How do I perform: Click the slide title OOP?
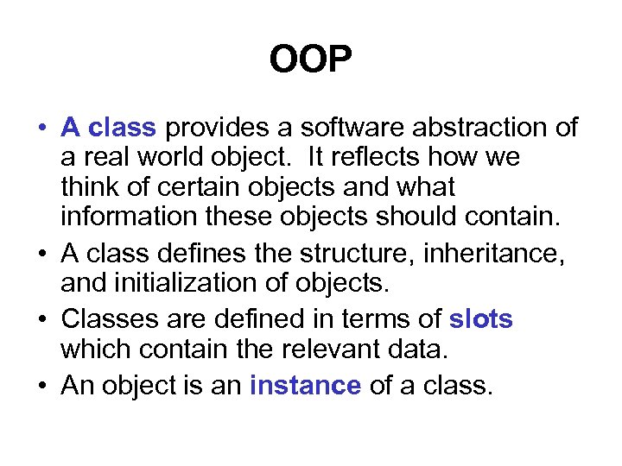(x=311, y=60)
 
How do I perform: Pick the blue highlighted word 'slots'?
(x=481, y=320)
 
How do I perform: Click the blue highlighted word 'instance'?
(x=305, y=386)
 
